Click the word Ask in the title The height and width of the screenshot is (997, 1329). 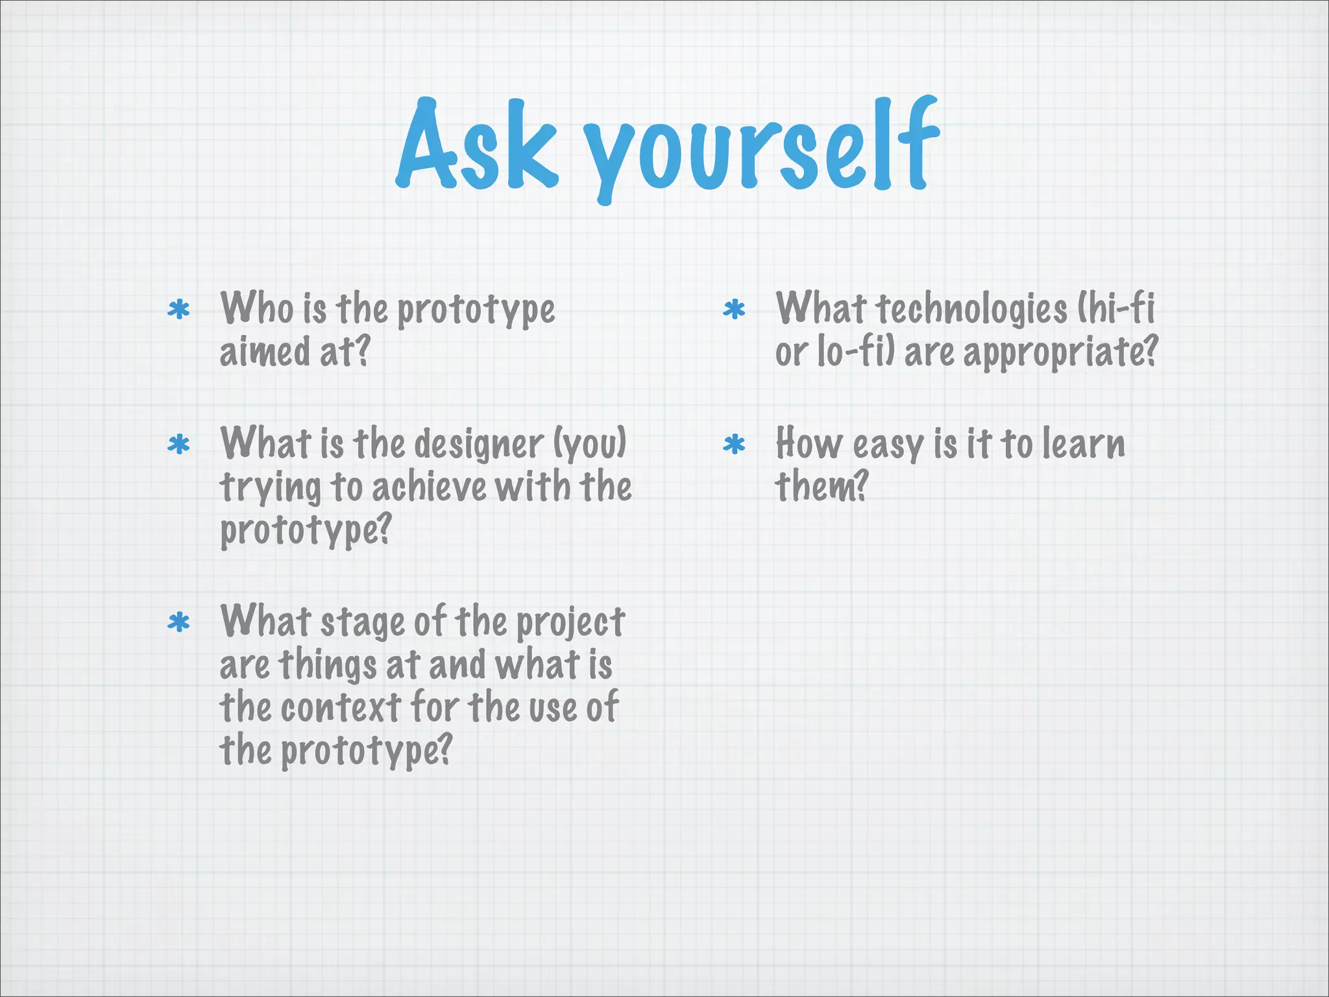point(477,144)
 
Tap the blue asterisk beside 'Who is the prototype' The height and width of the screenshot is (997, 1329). point(178,310)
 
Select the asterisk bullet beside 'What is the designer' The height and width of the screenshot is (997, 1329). point(178,445)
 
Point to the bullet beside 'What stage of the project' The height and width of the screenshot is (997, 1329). point(178,623)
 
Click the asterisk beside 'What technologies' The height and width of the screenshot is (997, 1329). point(734,310)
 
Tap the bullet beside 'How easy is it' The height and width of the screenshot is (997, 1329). point(734,445)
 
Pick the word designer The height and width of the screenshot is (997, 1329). point(479,445)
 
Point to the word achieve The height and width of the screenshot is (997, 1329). point(429,488)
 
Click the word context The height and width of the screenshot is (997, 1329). point(341,708)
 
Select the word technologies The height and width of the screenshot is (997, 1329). point(972,309)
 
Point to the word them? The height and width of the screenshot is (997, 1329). point(822,487)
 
